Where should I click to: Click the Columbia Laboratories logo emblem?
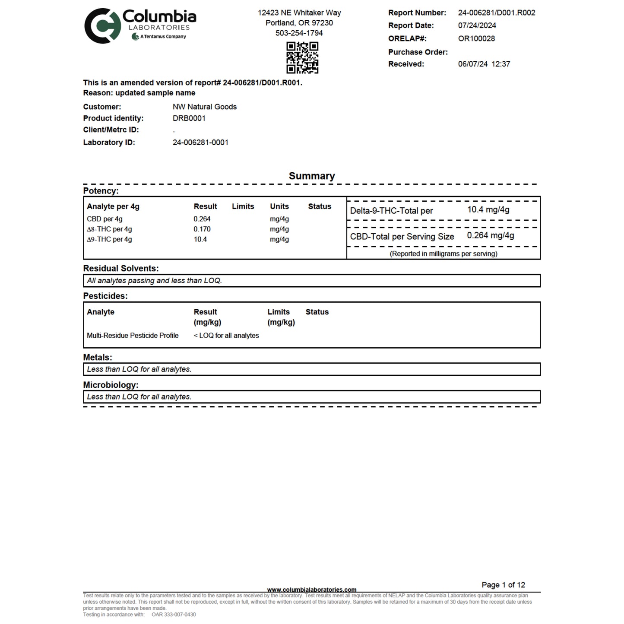click(102, 26)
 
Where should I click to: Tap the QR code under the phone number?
click(302, 57)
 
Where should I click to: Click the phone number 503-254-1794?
click(299, 33)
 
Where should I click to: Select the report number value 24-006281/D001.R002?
click(497, 13)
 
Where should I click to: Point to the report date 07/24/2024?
click(477, 25)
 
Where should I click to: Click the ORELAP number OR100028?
click(476, 38)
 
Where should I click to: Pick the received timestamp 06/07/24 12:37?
click(484, 64)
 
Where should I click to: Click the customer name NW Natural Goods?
click(204, 107)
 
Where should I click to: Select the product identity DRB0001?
click(189, 118)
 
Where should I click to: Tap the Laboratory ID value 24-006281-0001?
click(200, 143)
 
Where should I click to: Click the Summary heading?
click(312, 176)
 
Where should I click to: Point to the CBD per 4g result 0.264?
click(202, 219)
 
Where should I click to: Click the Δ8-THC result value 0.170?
click(202, 229)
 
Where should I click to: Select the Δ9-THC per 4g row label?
click(109, 239)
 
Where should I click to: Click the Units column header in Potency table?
click(279, 206)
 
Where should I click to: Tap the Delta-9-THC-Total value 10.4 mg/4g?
click(488, 210)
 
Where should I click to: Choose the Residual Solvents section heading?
click(121, 268)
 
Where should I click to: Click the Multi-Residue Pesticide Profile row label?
click(133, 336)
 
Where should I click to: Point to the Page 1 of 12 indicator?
click(503, 585)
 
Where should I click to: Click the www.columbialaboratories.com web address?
click(312, 589)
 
